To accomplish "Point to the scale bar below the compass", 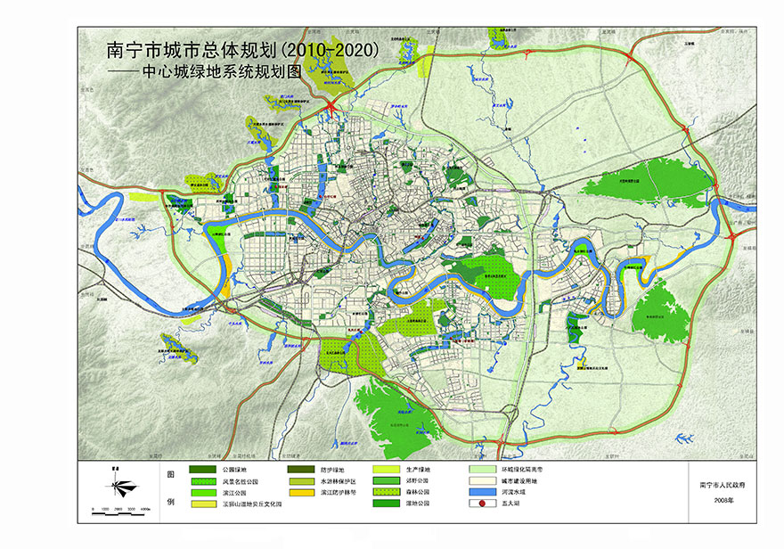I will pos(118,509).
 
